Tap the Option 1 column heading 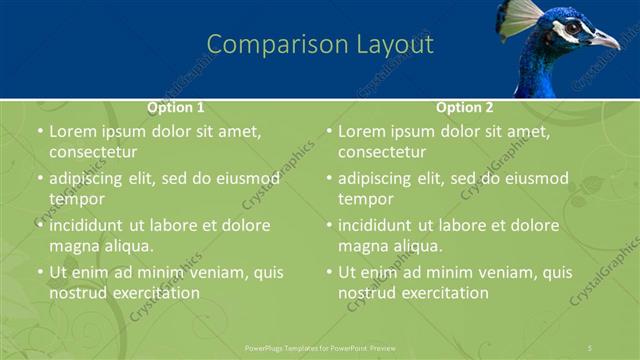(x=176, y=107)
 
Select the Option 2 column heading (x=465, y=107)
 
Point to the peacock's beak (x=606, y=40)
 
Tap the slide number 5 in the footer (x=590, y=347)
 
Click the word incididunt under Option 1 (x=91, y=225)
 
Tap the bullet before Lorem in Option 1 (x=39, y=131)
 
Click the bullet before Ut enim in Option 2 (x=328, y=272)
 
